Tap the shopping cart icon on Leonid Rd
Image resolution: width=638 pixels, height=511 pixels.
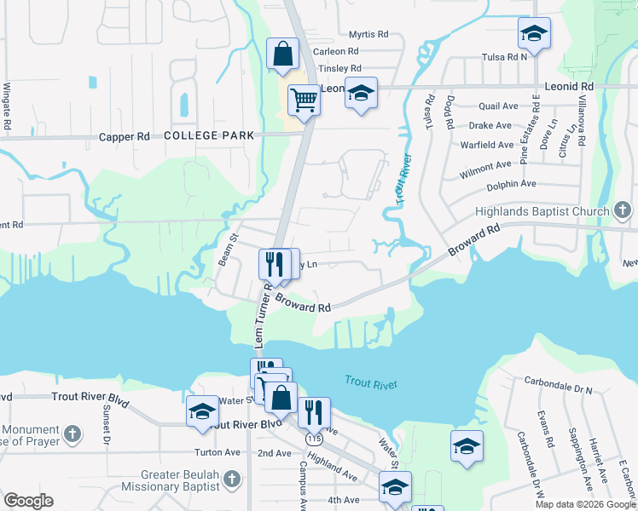304,100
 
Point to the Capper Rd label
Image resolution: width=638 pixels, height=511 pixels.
125,136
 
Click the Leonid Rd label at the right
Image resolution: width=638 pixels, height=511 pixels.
568,87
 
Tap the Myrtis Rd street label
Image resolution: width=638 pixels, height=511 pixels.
368,35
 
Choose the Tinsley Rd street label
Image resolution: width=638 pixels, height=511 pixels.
339,68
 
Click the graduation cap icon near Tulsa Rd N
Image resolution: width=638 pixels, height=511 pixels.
534,34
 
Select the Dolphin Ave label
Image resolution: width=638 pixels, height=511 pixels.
511,184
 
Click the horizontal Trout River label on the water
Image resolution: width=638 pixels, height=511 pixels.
371,384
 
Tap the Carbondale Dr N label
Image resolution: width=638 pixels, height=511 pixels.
558,389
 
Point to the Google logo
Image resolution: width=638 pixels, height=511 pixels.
28,501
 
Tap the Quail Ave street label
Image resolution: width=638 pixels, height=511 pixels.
499,106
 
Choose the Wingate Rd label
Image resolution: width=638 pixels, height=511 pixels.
7,106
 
